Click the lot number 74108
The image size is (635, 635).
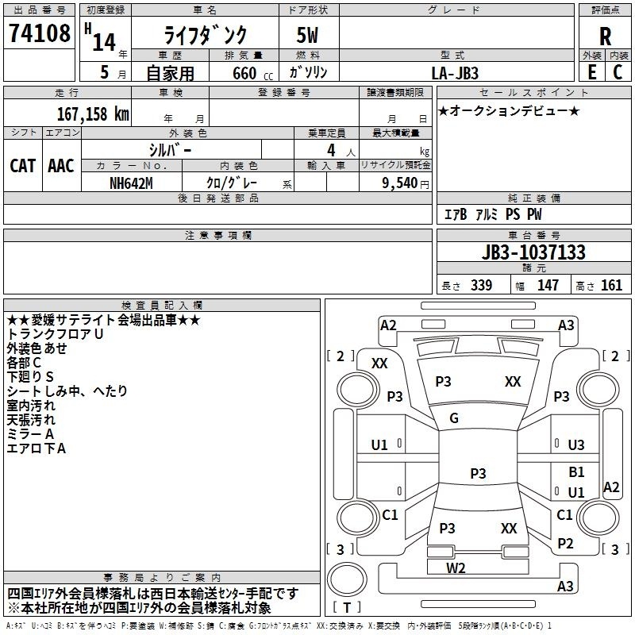40,36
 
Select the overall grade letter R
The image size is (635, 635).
605,36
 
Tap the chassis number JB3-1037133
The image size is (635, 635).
533,253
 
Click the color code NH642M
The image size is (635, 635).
132,183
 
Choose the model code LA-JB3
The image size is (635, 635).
455,72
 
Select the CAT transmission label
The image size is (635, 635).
23,166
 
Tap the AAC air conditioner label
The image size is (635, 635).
61,166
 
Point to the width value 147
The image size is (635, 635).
548,286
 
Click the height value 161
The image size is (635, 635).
611,286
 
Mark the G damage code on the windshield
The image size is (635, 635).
454,418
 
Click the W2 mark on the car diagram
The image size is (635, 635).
456,568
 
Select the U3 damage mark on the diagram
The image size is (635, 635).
576,445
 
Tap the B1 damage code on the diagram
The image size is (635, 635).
576,472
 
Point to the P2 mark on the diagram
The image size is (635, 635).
565,544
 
